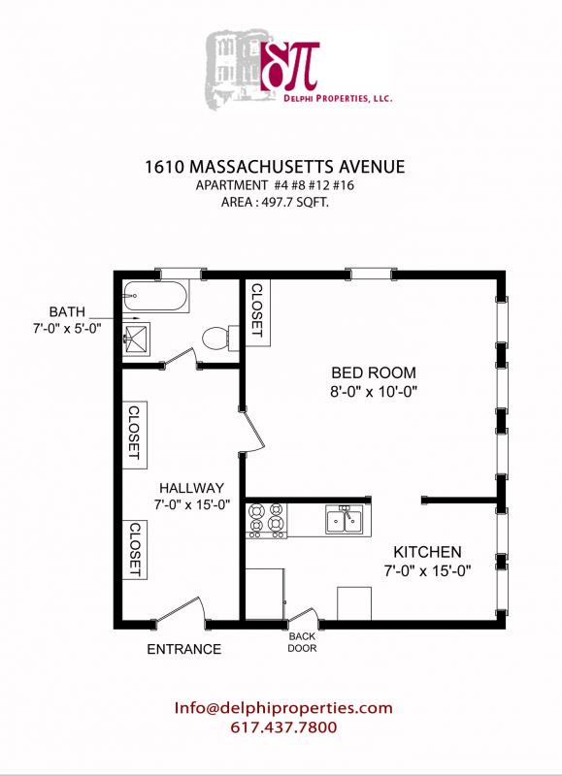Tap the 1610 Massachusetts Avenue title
click(x=274, y=167)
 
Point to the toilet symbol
click(x=216, y=338)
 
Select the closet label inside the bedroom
click(x=257, y=311)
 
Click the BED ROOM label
click(x=374, y=372)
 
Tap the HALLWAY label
click(x=192, y=487)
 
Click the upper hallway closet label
click(x=134, y=433)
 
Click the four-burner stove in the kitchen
click(x=267, y=519)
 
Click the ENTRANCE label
click(x=183, y=649)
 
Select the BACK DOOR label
click(x=301, y=643)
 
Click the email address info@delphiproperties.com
click(x=283, y=708)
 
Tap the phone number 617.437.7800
click(x=283, y=727)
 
